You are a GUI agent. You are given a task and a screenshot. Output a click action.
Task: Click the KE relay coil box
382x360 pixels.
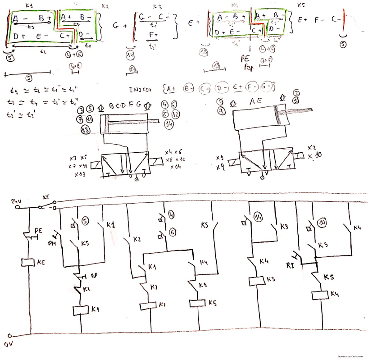tap(28, 263)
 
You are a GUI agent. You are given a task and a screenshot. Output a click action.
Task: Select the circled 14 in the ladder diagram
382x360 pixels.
tap(258, 215)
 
